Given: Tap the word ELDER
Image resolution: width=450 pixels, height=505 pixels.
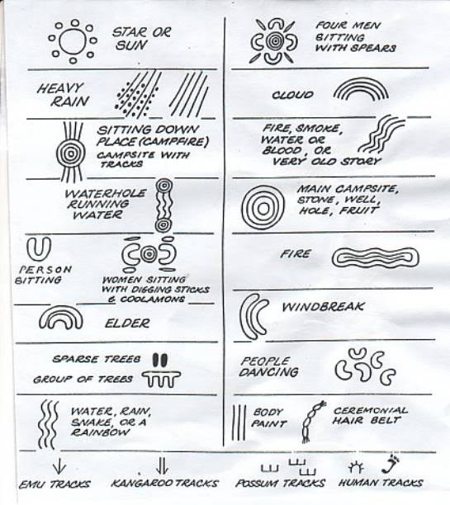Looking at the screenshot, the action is coord(127,323).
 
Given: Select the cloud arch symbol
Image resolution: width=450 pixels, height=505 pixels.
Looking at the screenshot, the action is coord(361,81).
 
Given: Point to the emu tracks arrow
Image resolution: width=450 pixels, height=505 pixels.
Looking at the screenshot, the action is coord(59,468).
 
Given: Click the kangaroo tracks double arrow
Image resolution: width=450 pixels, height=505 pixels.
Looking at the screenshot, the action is coord(162,466).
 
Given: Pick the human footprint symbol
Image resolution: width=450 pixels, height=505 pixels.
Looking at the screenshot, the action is coord(391,464).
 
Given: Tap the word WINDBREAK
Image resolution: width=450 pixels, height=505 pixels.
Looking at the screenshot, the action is coord(323,307).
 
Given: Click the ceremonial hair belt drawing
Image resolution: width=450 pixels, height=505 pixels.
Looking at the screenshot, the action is coord(313,422).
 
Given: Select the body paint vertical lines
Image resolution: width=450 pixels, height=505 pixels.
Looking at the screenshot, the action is coord(239,423).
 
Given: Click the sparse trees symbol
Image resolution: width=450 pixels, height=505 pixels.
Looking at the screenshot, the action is coord(160,360).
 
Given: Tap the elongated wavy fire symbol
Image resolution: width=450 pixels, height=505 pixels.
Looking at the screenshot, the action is coord(376,257).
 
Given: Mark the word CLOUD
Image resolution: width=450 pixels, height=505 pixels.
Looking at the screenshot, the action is coord(292,95).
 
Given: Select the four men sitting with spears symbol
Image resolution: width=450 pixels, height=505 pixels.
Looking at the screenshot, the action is coord(274,41).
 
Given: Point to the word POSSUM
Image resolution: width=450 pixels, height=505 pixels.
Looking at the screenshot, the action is coord(257,484).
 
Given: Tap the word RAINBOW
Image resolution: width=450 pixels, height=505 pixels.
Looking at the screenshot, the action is coord(100,432).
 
